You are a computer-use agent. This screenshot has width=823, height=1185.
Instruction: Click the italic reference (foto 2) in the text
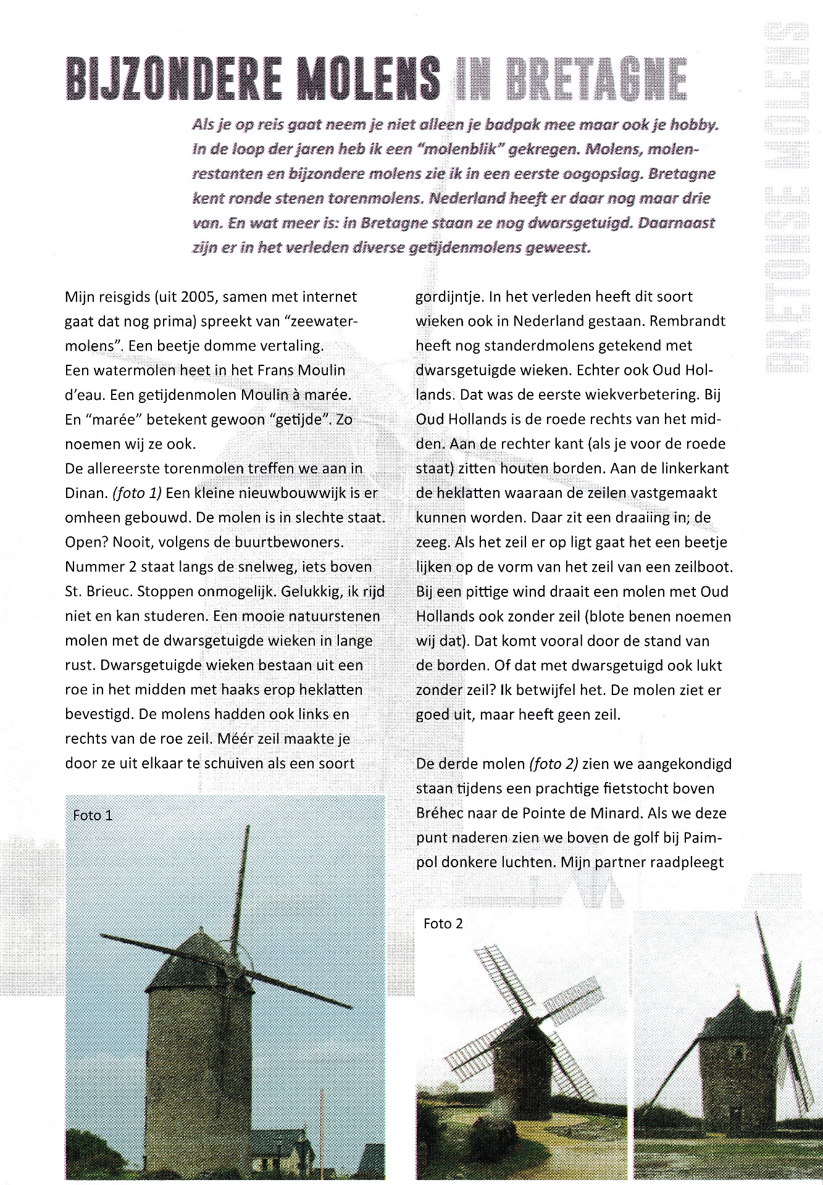tap(553, 764)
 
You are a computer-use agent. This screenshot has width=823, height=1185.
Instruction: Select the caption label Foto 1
tap(93, 815)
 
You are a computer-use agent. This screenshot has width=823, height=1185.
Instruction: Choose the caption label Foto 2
tap(443, 924)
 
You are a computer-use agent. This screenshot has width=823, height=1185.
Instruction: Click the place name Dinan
tap(85, 493)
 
